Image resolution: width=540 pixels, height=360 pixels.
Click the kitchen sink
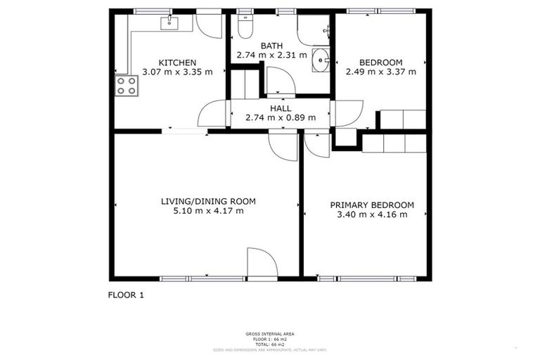pos(169,24)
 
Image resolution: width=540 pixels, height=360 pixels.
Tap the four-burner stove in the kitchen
pos(127,85)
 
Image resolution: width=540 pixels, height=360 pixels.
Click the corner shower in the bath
pos(314,30)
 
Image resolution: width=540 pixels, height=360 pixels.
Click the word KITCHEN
pos(177,62)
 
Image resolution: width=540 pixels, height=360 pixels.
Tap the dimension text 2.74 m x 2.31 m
pos(272,55)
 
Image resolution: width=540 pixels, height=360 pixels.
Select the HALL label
pos(281,108)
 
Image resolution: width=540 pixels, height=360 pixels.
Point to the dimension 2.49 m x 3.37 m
pos(380,71)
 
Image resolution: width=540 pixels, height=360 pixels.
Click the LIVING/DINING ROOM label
pos(208,201)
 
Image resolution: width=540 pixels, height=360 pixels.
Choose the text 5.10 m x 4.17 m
pos(208,211)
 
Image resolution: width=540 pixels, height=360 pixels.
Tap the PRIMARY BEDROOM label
pos(372,205)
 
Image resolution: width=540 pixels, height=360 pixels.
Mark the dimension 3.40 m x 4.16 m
pos(372,215)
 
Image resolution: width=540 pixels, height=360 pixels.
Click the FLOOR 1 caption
pos(126,295)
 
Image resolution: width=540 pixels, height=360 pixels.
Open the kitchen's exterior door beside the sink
pos(209,25)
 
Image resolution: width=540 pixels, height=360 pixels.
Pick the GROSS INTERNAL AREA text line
pos(270,334)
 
